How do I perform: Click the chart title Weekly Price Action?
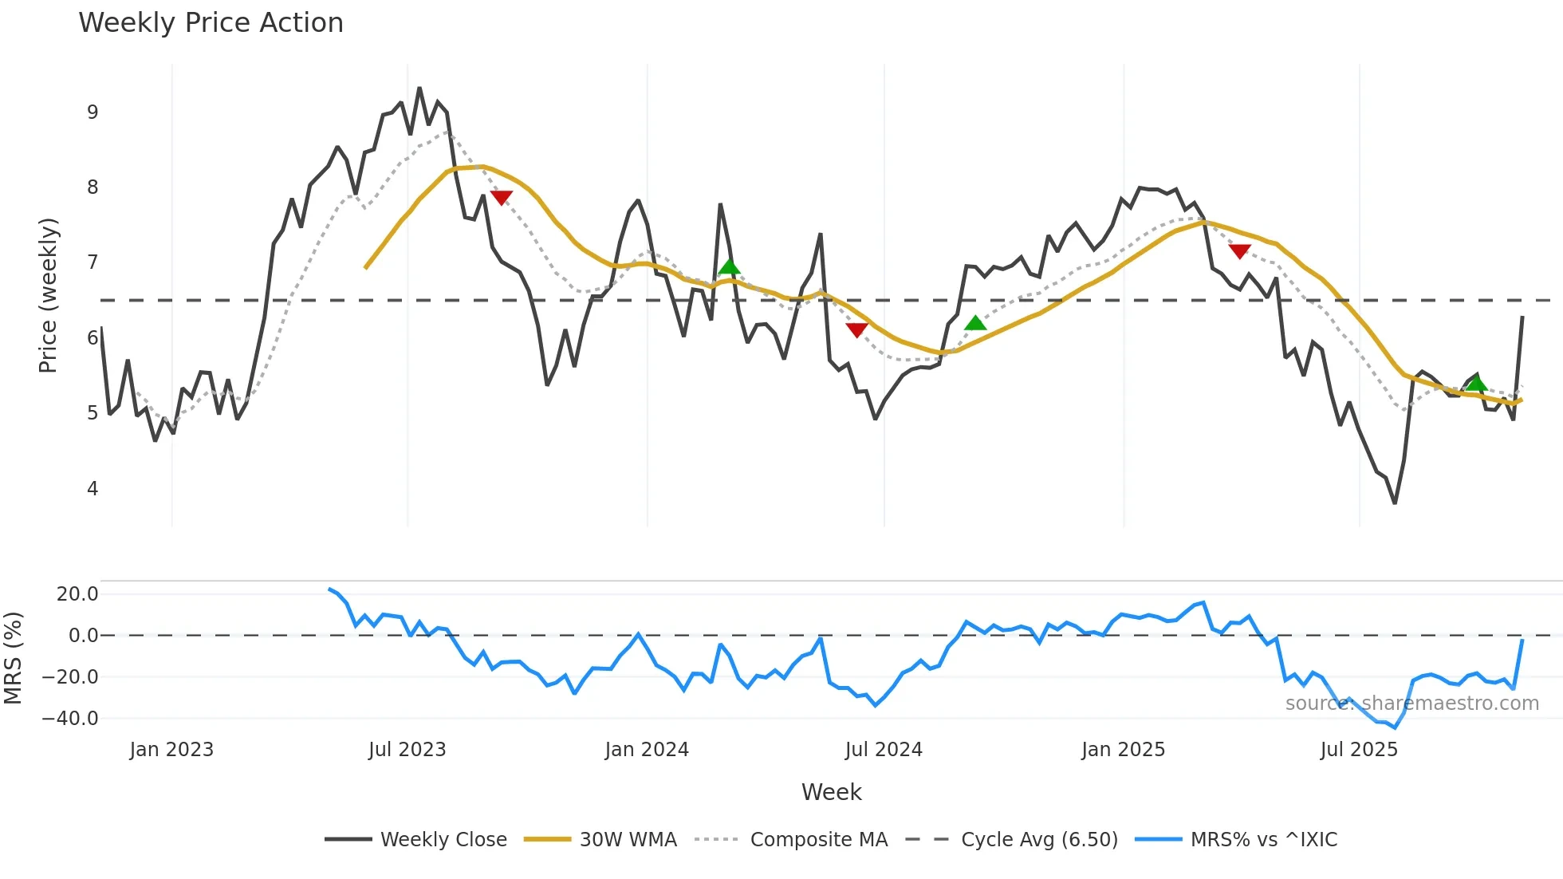[211, 23]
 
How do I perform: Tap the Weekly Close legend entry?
[443, 840]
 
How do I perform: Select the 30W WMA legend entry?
[628, 840]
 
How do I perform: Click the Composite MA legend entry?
[818, 840]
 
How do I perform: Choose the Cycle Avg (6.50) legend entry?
[1039, 840]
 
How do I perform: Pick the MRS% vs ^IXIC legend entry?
[1263, 840]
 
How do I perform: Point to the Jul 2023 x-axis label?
[407, 750]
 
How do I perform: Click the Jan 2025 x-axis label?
[1123, 750]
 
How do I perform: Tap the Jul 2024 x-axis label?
[884, 750]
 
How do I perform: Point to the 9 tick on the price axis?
[93, 112]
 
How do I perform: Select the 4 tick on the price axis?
[93, 488]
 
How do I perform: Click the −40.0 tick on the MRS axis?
[70, 719]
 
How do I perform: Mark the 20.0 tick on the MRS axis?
[77, 594]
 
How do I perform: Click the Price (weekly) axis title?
[49, 295]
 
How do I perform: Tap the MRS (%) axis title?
[13, 658]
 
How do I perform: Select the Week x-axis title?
[831, 792]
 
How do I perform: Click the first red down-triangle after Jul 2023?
[501, 197]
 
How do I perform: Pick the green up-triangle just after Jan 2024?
[729, 267]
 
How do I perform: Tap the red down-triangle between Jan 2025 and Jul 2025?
[1239, 251]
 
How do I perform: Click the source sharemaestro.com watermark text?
[1411, 704]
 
